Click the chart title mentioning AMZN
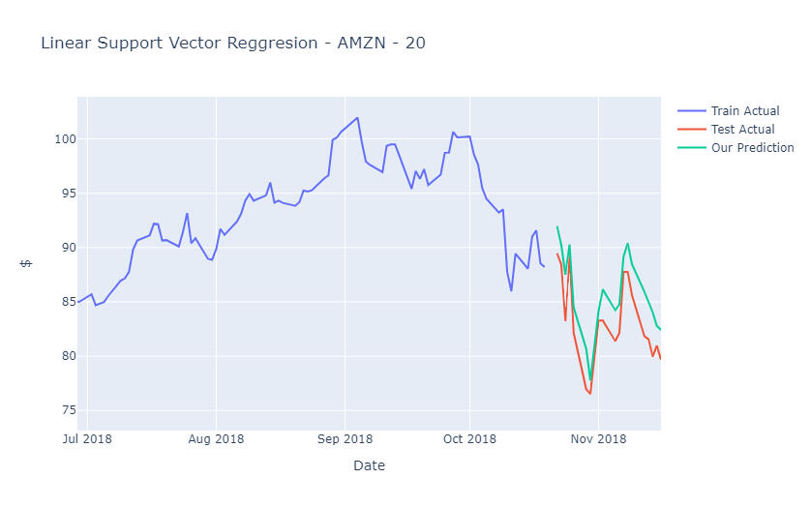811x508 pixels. point(232,44)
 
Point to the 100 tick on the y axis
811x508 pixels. point(65,139)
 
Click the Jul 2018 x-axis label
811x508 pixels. point(87,439)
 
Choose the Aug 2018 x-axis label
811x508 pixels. point(216,439)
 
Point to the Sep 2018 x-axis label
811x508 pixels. point(345,439)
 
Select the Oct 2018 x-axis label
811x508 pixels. point(469,439)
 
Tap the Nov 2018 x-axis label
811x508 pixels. point(598,439)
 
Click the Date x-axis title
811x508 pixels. point(369,466)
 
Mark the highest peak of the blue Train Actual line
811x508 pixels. point(357,118)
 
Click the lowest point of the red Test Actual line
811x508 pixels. point(590,393)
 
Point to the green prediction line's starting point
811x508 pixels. point(557,226)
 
